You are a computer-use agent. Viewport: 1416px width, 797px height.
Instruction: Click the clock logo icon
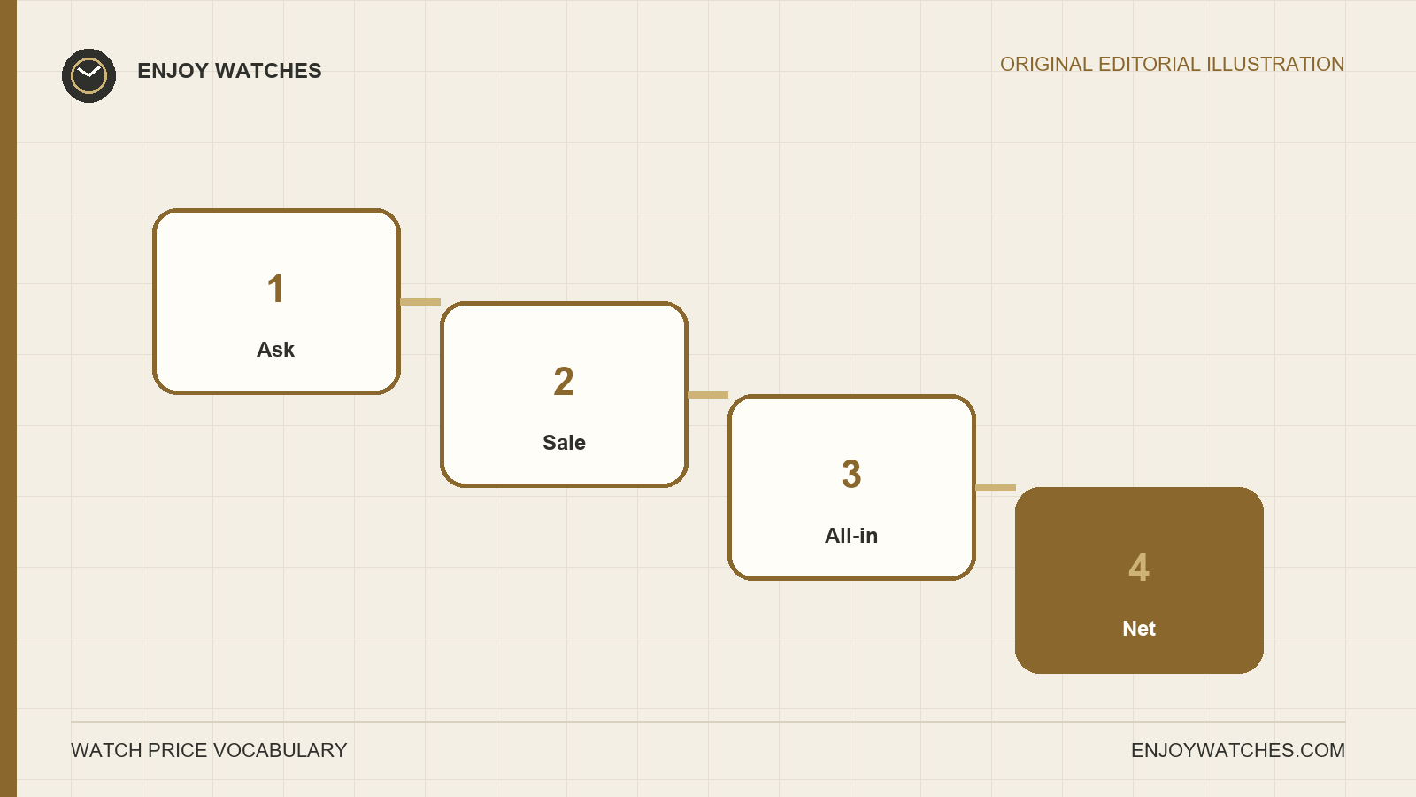click(88, 76)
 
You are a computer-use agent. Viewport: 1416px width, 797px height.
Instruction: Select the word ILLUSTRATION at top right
click(1275, 65)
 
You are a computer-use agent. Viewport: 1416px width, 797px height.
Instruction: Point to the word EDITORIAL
click(1150, 65)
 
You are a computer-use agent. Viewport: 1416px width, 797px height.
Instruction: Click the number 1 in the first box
click(275, 289)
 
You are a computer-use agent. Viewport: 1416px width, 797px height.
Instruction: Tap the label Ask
click(275, 350)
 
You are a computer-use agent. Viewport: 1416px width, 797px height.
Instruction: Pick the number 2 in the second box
click(563, 382)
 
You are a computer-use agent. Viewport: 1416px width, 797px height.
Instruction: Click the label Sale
click(564, 443)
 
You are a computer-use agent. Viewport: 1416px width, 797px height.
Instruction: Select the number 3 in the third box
click(851, 475)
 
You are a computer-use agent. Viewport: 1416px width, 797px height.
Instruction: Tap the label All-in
click(851, 536)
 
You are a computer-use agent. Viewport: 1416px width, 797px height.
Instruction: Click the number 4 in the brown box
click(1139, 568)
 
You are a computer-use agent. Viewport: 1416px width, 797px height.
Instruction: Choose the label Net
click(1139, 629)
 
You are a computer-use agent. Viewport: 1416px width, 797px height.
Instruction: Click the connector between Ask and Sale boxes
click(420, 302)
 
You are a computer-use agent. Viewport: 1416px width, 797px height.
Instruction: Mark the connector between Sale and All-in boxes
click(708, 395)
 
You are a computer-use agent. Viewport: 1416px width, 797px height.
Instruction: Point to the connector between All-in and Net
click(996, 488)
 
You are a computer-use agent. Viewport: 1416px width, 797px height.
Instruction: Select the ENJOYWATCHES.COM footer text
click(1238, 751)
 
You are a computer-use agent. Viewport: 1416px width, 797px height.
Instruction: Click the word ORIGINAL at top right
click(1046, 65)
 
